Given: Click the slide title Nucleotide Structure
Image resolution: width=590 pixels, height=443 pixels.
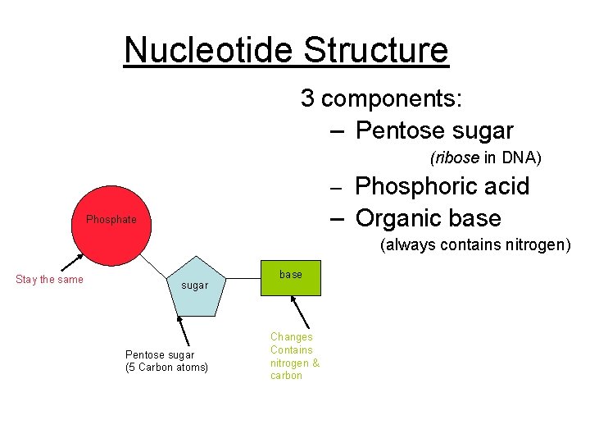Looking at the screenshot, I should tap(286, 50).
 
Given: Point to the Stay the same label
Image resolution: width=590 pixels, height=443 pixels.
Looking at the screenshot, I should tap(49, 280).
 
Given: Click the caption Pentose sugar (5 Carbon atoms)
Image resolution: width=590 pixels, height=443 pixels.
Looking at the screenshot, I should tap(166, 361).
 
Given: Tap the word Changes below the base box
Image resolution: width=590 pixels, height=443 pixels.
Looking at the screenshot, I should tap(292, 337).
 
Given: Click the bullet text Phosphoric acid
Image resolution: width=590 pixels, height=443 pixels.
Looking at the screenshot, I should tap(442, 186).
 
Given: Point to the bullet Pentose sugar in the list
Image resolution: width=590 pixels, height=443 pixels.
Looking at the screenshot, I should tap(434, 130).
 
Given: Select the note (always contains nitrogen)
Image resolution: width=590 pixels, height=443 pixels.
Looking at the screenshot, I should tap(474, 245).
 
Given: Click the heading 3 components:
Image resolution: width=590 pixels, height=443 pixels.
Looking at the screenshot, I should tap(381, 98).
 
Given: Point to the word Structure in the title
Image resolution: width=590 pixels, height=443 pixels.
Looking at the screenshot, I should tap(375, 50).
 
